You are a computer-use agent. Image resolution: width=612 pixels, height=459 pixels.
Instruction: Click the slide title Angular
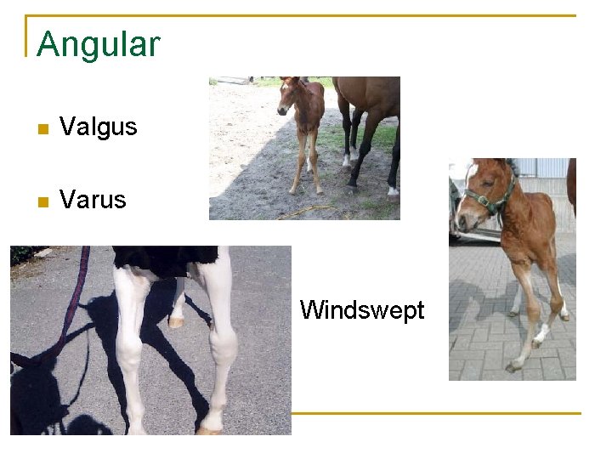tap(98, 44)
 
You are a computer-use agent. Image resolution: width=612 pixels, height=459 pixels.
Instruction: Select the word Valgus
tap(98, 127)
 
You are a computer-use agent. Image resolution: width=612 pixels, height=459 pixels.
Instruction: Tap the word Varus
tap(93, 201)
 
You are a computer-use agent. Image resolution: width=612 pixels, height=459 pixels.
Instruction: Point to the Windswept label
tap(362, 310)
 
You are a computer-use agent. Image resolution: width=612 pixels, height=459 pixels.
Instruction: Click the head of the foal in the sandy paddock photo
tap(292, 95)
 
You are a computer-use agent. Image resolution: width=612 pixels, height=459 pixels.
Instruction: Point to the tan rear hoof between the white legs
tap(176, 322)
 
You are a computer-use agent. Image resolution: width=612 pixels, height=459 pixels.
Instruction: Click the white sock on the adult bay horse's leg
tap(347, 158)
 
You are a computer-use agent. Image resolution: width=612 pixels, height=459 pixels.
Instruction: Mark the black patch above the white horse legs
tap(166, 258)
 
